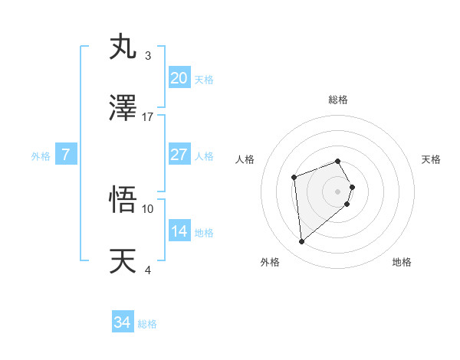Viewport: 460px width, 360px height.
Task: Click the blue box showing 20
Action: [179, 78]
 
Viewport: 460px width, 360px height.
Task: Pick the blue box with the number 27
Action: [179, 155]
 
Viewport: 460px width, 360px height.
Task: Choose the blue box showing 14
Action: [179, 231]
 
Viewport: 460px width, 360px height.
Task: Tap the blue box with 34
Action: [123, 323]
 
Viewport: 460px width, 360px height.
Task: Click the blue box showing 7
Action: [66, 155]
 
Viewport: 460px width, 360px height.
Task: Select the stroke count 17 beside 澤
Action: [148, 117]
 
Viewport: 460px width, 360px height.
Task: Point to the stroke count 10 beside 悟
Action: [148, 208]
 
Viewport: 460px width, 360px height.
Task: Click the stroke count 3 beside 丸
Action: [148, 56]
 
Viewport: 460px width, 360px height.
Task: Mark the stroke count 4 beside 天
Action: [148, 270]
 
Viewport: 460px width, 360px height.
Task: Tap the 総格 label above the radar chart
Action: [338, 100]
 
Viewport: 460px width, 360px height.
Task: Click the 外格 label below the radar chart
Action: [270, 262]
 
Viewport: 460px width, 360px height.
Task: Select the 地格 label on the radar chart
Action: [402, 262]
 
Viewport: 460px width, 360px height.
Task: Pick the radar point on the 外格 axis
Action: [302, 242]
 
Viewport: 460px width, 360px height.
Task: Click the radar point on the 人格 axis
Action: [294, 178]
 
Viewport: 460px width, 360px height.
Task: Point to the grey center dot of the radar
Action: [338, 191]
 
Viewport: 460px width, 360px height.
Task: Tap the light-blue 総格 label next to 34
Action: [147, 324]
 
